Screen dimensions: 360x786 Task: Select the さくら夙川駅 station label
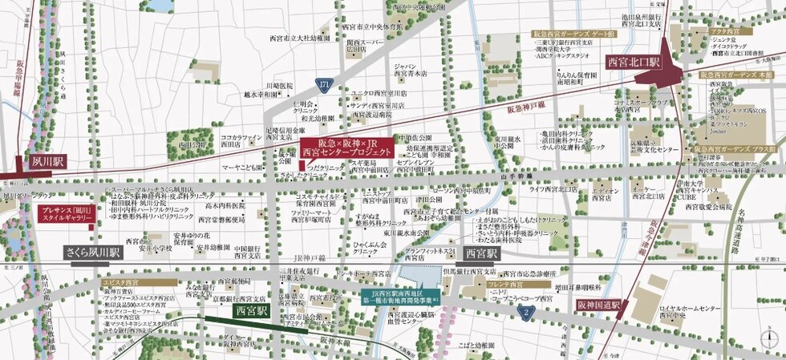[93, 251]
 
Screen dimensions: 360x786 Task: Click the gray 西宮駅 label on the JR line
[478, 253]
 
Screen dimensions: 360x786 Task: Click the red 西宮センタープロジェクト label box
[347, 148]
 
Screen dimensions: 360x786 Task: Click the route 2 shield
[525, 311]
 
